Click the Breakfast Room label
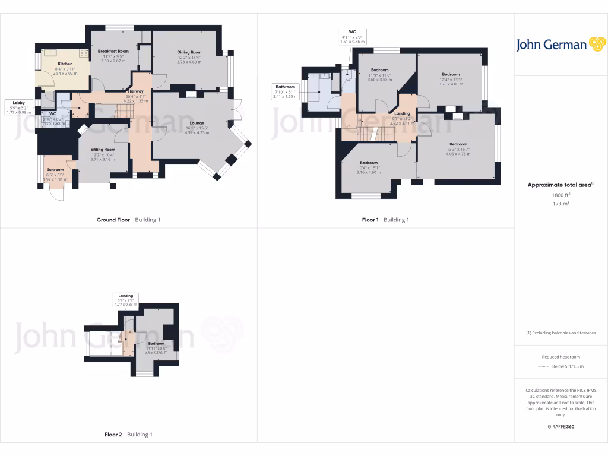[114, 52]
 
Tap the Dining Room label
[189, 52]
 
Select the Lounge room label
[197, 123]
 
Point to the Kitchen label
[65, 64]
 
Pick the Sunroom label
[55, 170]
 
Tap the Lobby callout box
[18, 107]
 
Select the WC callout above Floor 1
[352, 37]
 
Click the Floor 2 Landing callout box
[126, 300]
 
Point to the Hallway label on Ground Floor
[136, 91]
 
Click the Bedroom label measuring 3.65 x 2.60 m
[156, 344]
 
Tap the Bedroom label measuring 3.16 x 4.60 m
[369, 163]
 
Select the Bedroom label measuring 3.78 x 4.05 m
[451, 74]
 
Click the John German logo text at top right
[552, 45]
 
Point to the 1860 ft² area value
[560, 195]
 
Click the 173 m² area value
[560, 204]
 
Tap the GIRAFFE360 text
[560, 426]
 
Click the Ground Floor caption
[113, 220]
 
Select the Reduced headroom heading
[560, 357]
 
